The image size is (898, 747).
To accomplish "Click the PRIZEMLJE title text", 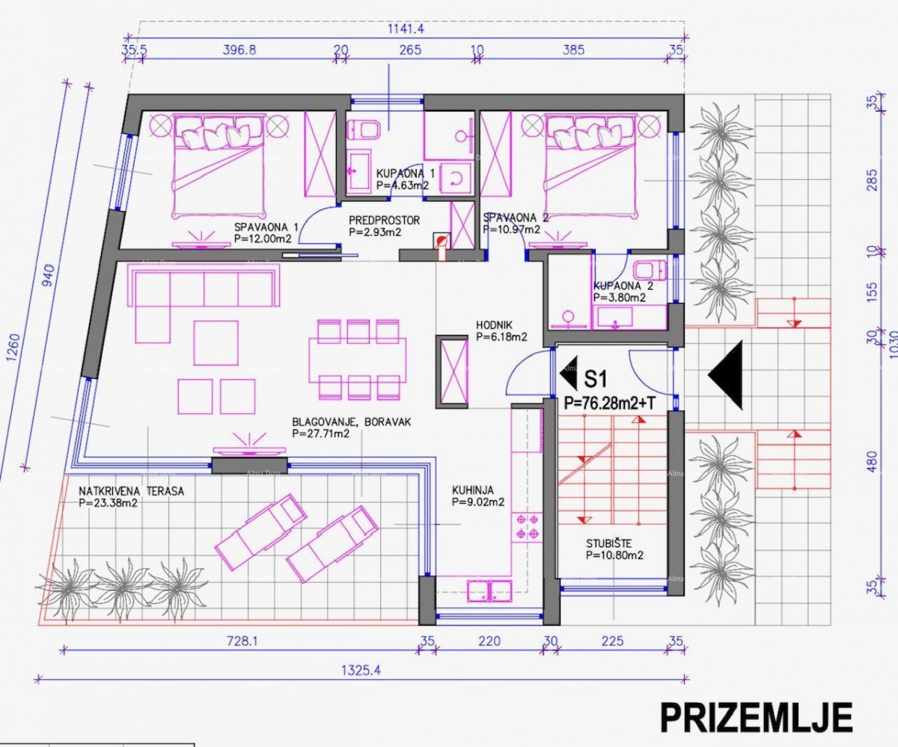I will [755, 717].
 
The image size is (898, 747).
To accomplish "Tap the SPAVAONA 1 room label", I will [266, 226].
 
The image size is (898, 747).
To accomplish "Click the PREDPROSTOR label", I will [385, 221].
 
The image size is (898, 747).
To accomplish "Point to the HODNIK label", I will [495, 326].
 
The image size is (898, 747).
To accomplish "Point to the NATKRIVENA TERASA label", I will [131, 492].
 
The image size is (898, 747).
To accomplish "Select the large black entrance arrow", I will [726, 375].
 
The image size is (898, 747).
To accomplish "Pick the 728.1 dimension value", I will [240, 641].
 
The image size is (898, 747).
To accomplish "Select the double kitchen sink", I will [489, 591].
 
